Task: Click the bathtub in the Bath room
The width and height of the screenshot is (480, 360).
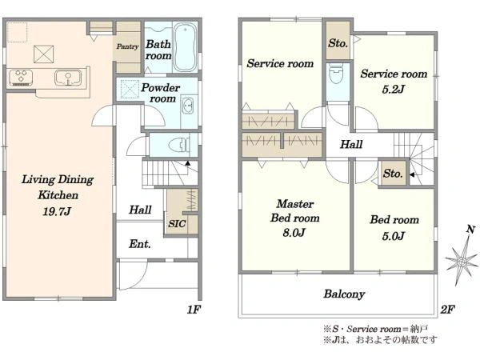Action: tap(185, 47)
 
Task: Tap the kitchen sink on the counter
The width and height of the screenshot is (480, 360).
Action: tap(68, 77)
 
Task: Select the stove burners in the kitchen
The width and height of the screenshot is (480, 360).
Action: tap(21, 78)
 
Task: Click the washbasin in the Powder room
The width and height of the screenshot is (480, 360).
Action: tap(188, 106)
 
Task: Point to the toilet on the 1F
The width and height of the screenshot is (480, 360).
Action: tap(179, 144)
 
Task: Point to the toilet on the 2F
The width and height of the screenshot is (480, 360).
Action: tap(336, 75)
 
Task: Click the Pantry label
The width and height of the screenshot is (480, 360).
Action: tap(127, 47)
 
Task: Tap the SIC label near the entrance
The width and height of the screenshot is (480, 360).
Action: tap(177, 223)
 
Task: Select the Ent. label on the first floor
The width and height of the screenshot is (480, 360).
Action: tap(139, 244)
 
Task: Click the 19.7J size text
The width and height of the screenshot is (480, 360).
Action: tap(57, 211)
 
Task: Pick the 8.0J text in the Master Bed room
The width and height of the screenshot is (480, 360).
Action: tap(294, 233)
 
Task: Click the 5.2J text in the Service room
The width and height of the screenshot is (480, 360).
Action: tap(394, 89)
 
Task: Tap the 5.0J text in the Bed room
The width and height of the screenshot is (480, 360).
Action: tap(394, 236)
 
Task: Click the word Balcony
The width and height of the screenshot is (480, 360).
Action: tap(344, 294)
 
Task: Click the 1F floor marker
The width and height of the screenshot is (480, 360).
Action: tap(194, 310)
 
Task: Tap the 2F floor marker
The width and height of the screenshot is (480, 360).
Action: tap(447, 310)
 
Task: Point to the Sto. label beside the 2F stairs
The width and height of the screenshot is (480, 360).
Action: tap(393, 174)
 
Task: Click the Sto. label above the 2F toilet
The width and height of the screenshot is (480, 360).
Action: tap(338, 43)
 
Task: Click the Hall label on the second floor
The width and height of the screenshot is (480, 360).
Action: tap(351, 144)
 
